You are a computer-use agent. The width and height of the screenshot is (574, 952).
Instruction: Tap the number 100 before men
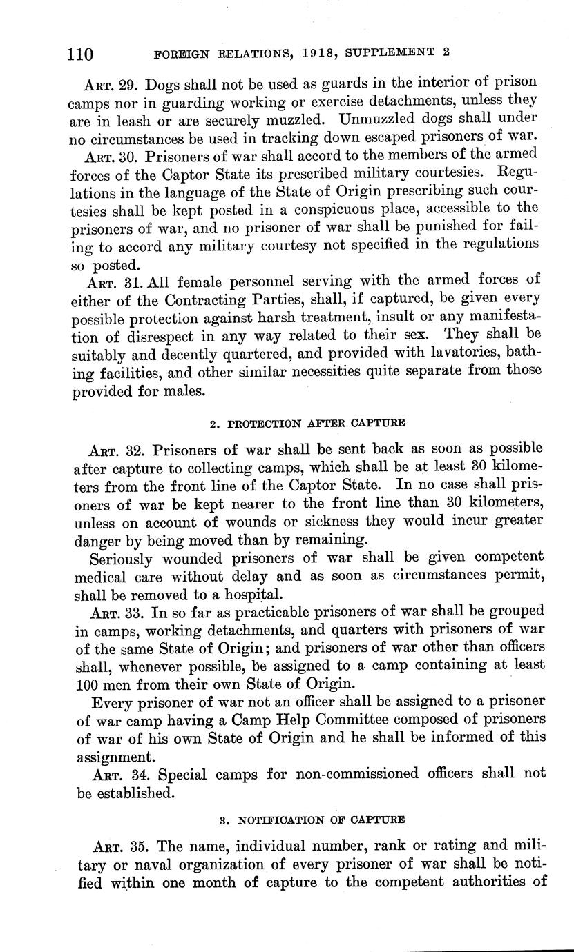pos(86,684)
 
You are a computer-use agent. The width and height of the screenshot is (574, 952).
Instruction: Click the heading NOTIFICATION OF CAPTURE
pos(321,821)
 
